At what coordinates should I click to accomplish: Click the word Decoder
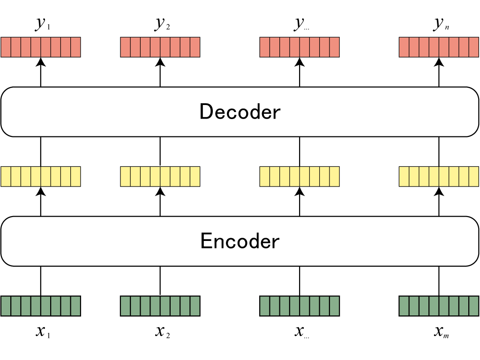(240, 112)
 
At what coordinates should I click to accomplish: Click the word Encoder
(240, 241)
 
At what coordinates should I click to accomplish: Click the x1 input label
(43, 332)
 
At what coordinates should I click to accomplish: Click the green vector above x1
(41, 306)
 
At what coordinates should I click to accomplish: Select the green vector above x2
(160, 306)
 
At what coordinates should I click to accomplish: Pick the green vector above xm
(439, 306)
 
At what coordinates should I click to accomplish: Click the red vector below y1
(41, 47)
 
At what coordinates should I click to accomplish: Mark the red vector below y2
(160, 47)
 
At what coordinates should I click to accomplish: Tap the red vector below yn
(439, 47)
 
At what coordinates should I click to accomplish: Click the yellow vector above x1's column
(41, 176)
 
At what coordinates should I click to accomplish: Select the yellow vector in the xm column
(439, 176)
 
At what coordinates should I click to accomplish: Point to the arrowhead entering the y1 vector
(41, 61)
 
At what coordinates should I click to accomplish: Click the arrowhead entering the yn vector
(439, 61)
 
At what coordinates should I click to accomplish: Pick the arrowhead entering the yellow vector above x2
(160, 191)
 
